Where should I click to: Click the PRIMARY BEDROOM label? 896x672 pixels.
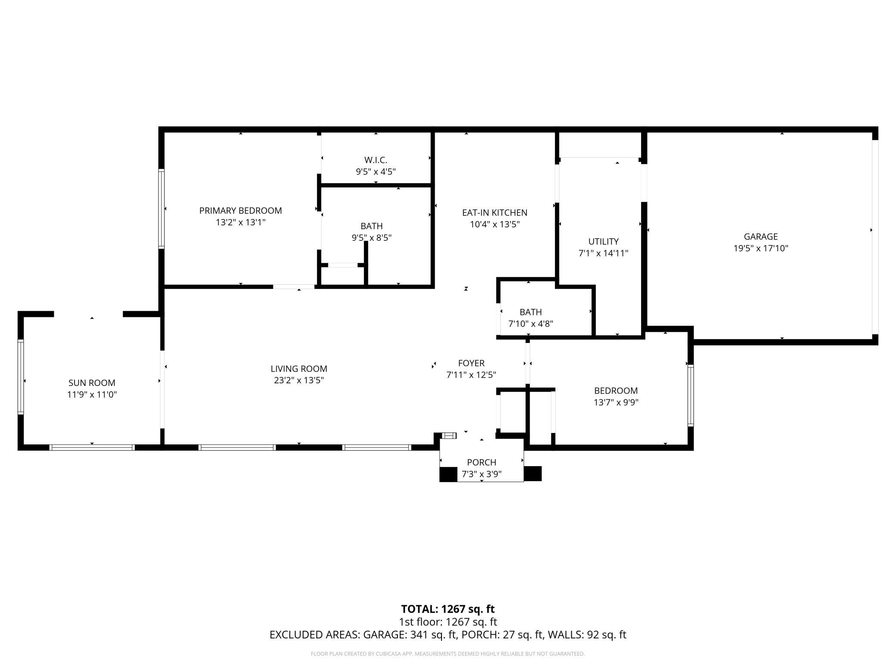[240, 211]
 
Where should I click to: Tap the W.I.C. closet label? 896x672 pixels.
[376, 160]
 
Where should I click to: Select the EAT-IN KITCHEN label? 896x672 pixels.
[495, 213]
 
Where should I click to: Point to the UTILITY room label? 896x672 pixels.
[604, 242]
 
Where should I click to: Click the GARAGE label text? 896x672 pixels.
[761, 236]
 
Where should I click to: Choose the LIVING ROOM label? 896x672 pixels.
[299, 369]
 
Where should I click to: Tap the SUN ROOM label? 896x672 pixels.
[92, 383]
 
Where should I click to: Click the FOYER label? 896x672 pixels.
[471, 363]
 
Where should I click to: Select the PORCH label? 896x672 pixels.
[482, 463]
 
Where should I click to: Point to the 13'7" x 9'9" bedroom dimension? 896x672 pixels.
[616, 402]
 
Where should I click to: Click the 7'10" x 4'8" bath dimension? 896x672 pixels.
[531, 324]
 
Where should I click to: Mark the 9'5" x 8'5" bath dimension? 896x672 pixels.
[371, 237]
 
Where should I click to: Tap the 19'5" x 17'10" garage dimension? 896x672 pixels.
[761, 248]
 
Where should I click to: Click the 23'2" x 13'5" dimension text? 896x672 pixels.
[299, 380]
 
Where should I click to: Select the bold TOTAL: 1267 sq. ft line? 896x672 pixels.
[448, 609]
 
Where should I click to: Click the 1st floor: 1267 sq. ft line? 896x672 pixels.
[448, 622]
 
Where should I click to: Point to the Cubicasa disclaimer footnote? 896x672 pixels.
[448, 654]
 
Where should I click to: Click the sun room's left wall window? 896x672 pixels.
[20, 377]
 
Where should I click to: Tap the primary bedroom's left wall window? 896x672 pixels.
[162, 209]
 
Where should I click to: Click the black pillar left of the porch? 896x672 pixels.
[448, 474]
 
